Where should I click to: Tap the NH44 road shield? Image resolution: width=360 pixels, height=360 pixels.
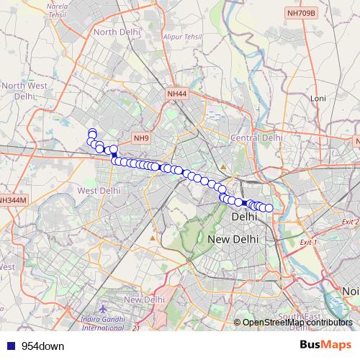[x=176, y=94]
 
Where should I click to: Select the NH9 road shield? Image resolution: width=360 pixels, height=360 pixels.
[x=140, y=138]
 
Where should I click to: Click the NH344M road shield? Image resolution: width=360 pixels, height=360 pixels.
[x=12, y=199]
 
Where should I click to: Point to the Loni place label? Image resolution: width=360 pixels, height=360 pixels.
[x=318, y=98]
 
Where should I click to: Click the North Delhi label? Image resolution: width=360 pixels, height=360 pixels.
[x=115, y=32]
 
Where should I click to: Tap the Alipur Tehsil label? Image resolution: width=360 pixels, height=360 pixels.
[x=181, y=34]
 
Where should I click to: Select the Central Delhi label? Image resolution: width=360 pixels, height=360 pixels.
[x=256, y=137]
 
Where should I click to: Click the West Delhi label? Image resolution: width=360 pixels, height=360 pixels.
[x=99, y=191]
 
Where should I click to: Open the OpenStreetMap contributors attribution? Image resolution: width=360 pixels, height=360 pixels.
[x=297, y=323]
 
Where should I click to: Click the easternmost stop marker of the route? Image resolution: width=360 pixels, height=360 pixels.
[x=269, y=208]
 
